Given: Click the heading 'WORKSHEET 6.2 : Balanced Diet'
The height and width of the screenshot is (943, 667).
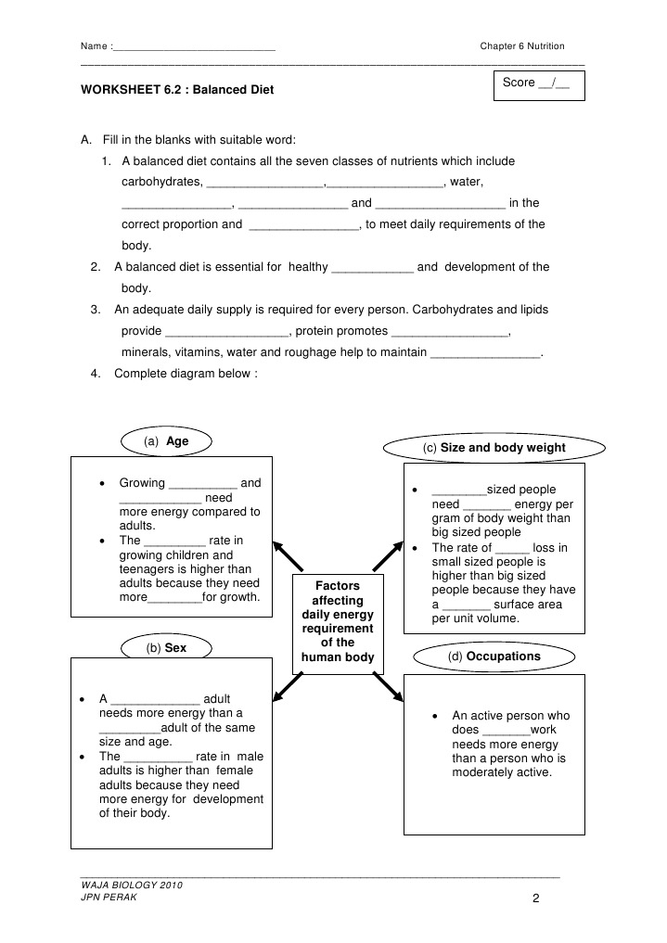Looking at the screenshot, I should (x=177, y=91).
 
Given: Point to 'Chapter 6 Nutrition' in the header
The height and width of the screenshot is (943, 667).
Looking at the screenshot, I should (x=521, y=46).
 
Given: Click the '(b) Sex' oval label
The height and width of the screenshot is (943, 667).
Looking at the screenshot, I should (x=166, y=648).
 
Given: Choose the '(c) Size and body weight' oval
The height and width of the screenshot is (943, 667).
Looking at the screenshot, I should (x=494, y=448).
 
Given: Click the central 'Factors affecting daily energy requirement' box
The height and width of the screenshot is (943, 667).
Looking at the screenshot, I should (x=337, y=621).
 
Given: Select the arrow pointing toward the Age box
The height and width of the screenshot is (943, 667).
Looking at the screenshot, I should (x=289, y=555).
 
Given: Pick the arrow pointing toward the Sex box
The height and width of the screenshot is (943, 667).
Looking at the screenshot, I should (x=288, y=687).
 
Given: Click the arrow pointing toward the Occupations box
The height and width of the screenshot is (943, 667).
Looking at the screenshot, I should (x=388, y=687).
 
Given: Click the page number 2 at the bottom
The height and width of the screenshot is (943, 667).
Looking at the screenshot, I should (x=536, y=898).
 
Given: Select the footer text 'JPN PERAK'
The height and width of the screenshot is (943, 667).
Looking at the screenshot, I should (x=109, y=898).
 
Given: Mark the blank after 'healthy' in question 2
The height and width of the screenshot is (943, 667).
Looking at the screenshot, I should (x=372, y=268).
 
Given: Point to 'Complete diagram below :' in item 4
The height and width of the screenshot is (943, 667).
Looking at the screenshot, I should (x=185, y=373).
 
